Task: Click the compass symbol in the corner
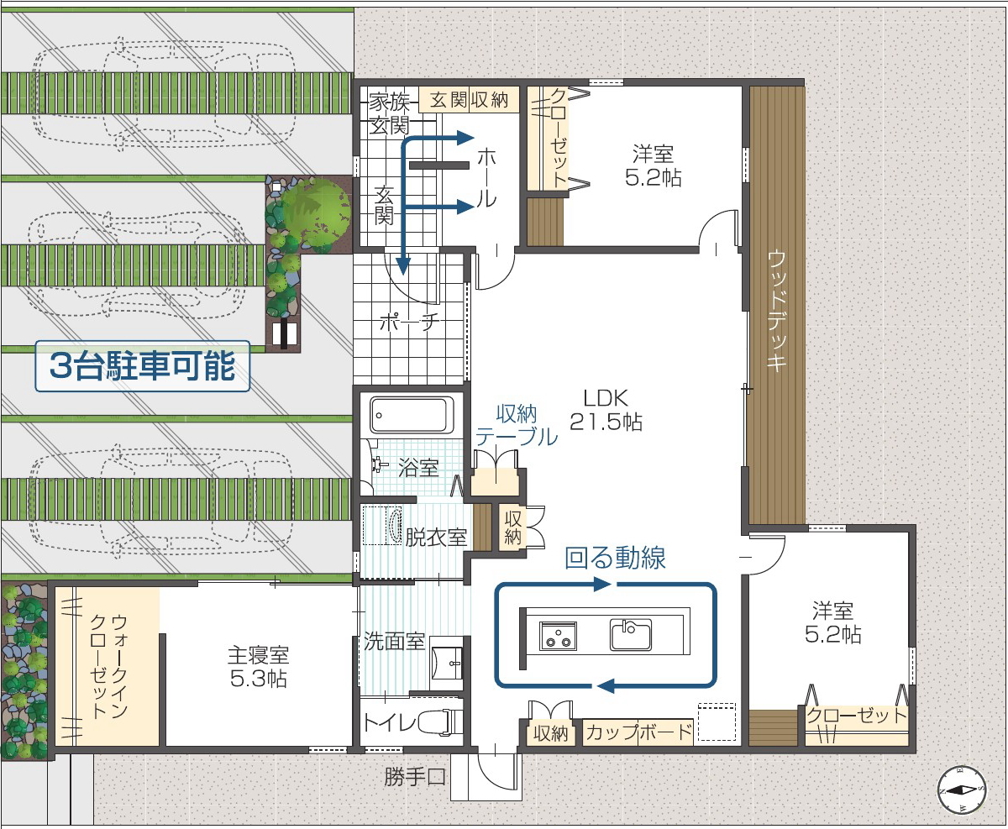coord(962,790)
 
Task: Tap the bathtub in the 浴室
coord(412,415)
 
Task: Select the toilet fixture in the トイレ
coord(441,722)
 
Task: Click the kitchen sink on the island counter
coord(630,634)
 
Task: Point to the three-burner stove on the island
coord(558,636)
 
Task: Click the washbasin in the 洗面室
coord(446,663)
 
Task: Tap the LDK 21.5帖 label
coord(606,410)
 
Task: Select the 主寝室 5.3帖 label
coord(258,667)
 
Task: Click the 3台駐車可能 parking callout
coord(143,366)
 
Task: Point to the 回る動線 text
coord(615,558)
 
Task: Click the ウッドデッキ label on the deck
coord(777,311)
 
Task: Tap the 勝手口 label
coord(415,778)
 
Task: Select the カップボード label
coord(638,732)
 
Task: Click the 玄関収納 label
coord(469,100)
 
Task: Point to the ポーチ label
coord(409,323)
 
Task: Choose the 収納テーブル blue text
coord(517,425)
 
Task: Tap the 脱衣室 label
coord(436,538)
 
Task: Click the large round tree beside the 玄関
coord(316,207)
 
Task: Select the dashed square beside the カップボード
coord(717,722)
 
